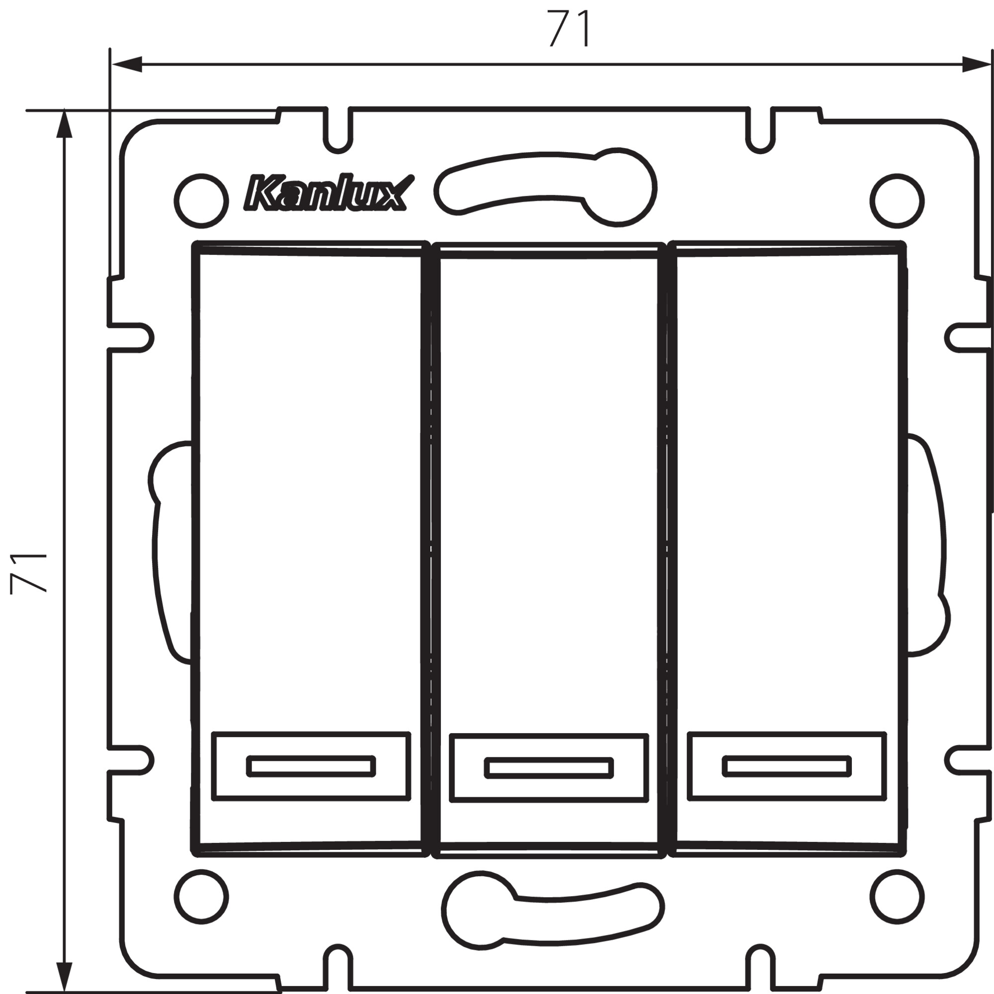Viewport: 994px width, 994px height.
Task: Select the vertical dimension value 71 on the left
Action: pyautogui.click(x=28, y=573)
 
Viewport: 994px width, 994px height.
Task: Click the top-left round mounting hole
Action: pyautogui.click(x=201, y=201)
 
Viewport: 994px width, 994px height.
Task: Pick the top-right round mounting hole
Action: pyautogui.click(x=897, y=201)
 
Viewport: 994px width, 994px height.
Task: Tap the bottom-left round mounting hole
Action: pyautogui.click(x=201, y=897)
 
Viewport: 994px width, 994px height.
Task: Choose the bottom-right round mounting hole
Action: pyautogui.click(x=897, y=897)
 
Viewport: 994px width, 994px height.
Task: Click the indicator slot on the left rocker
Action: pyautogui.click(x=311, y=766)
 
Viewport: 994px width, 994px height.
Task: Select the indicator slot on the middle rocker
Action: pyautogui.click(x=549, y=768)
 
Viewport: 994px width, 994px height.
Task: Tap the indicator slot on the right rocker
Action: pyautogui.click(x=787, y=766)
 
